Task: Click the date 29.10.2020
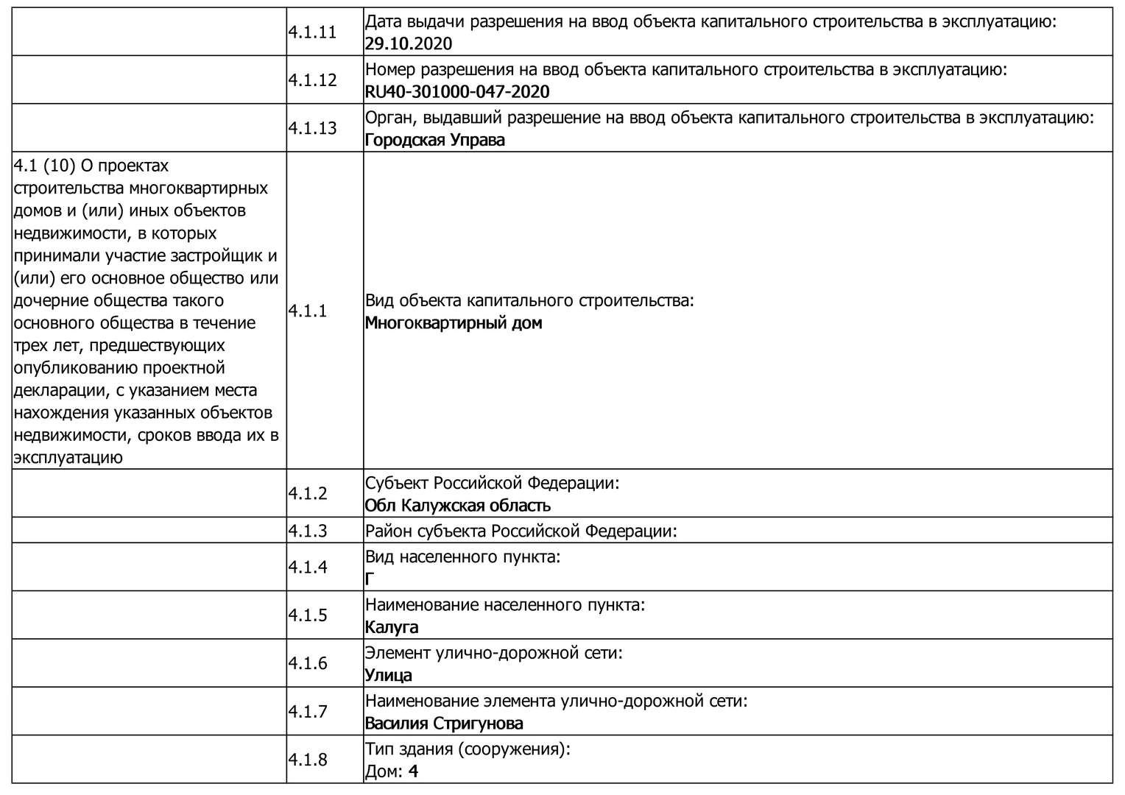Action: (x=409, y=43)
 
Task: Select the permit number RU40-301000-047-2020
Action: (x=457, y=91)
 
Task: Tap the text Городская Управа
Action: (x=435, y=140)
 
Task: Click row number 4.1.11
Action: (x=312, y=32)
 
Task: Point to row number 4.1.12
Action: (x=312, y=80)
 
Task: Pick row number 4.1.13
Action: (x=312, y=128)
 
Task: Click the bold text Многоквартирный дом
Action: (x=454, y=322)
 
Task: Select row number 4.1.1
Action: (x=308, y=311)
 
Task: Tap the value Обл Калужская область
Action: (x=458, y=506)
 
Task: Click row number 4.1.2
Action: (x=308, y=493)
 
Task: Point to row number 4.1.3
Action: (x=308, y=531)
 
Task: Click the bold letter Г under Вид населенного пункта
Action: (x=370, y=579)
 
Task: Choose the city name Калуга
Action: (x=392, y=627)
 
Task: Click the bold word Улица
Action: (x=389, y=675)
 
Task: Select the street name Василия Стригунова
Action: (x=444, y=723)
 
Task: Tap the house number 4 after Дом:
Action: (x=413, y=771)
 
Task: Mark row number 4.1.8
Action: (x=308, y=759)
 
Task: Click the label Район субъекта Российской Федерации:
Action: (x=521, y=531)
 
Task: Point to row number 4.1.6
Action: (x=308, y=663)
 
